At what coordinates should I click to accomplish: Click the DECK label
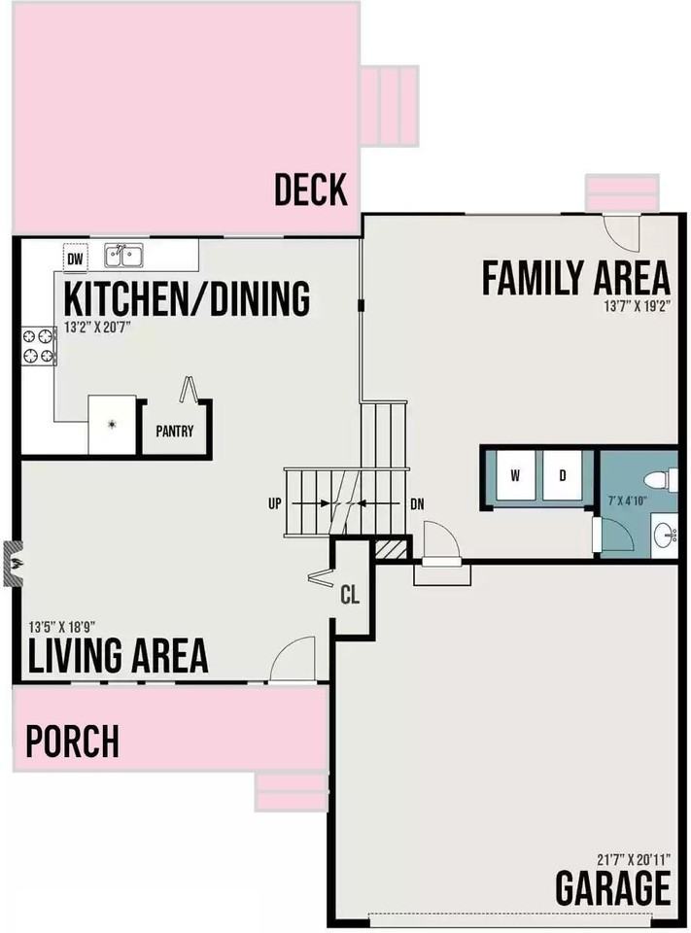tap(310, 190)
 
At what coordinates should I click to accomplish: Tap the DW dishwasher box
tap(75, 259)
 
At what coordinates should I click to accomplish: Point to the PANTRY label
tap(175, 432)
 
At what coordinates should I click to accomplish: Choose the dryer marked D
tap(562, 475)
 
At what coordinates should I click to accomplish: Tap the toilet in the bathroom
tap(658, 478)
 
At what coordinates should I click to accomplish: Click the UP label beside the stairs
tap(275, 503)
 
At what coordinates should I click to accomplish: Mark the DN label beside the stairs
tap(417, 503)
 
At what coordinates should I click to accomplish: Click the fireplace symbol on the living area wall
tap(13, 564)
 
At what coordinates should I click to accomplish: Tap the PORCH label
tap(73, 742)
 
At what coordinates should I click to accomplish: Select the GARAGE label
tap(612, 887)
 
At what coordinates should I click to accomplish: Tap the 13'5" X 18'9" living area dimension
tap(62, 628)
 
